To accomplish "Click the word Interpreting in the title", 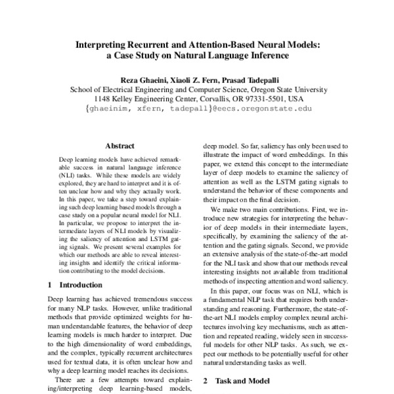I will [106, 45].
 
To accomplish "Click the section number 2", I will [206, 380].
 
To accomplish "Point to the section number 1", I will [51, 285].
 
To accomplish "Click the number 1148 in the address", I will [104, 99].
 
